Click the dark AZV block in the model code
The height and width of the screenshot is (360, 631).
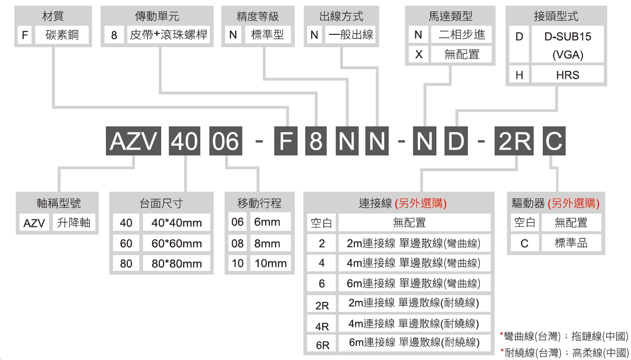[x=134, y=141]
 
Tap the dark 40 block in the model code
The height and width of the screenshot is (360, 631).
[x=185, y=141]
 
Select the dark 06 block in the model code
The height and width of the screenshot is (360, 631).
[x=226, y=141]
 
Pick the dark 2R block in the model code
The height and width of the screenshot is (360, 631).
[x=514, y=141]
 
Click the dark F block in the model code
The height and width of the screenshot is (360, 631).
[x=286, y=141]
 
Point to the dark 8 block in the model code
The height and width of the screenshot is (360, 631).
[x=316, y=141]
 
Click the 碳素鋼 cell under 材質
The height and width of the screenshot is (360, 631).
[x=62, y=35]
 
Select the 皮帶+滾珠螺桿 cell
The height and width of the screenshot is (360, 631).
[x=168, y=35]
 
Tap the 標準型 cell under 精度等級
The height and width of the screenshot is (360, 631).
[x=268, y=35]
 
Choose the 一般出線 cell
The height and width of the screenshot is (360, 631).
[x=351, y=35]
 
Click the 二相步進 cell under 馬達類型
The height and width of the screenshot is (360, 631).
[x=461, y=35]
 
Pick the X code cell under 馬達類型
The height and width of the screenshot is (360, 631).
[x=419, y=54]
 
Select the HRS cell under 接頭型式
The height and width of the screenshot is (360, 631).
[x=568, y=75]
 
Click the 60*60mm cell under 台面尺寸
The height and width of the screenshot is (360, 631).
[x=176, y=243]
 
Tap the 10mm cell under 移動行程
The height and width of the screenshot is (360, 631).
[x=270, y=263]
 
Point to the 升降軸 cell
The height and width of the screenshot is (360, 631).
[x=74, y=223]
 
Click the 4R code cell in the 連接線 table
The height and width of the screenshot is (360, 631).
[x=321, y=324]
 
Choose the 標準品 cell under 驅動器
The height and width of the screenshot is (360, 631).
[x=571, y=243]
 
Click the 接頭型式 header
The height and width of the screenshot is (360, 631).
[x=556, y=16]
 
